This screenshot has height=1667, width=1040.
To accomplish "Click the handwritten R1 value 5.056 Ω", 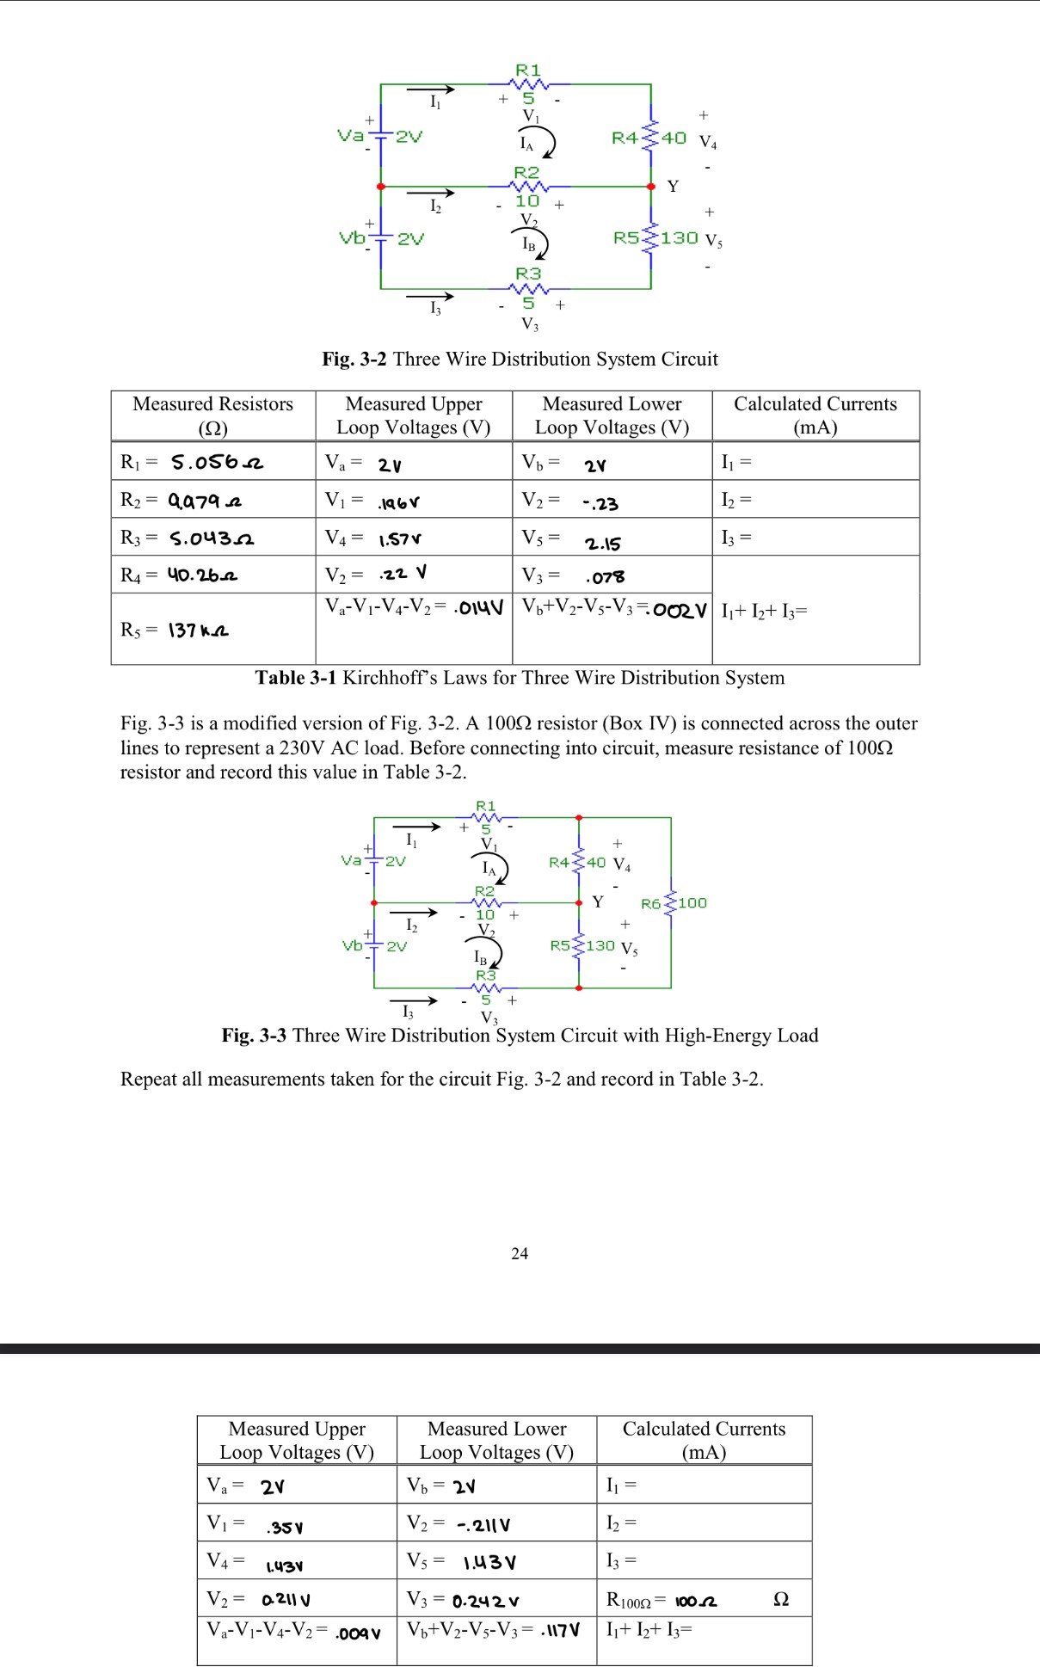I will [217, 463].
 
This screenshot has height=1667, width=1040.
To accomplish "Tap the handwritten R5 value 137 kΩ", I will [198, 631].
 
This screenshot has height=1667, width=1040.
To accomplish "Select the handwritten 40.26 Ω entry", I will [202, 575].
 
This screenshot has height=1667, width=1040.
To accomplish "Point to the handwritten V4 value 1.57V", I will [400, 539].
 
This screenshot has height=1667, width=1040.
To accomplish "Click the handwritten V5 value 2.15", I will [602, 544].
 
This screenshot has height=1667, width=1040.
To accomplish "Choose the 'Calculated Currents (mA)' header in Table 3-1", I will [815, 415].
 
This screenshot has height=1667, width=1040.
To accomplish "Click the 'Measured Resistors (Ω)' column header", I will [212, 415].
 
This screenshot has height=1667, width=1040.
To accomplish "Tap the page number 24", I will [520, 1253].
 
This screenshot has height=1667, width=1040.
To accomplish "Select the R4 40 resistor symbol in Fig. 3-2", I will [651, 138].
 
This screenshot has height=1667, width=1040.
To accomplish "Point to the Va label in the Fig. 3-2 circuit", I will [349, 135].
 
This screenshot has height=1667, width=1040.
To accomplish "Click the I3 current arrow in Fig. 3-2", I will [430, 297].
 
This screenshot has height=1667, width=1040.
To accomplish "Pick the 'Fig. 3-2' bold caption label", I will [354, 359].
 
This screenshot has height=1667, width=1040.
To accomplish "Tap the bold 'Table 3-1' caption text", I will [295, 678].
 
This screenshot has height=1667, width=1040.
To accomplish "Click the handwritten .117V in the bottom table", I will [560, 1630].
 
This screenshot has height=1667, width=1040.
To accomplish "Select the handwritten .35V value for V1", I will [285, 1528].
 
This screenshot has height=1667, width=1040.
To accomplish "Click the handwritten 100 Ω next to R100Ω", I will [696, 1601].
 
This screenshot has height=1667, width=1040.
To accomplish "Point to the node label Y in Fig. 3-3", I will [598, 901].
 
